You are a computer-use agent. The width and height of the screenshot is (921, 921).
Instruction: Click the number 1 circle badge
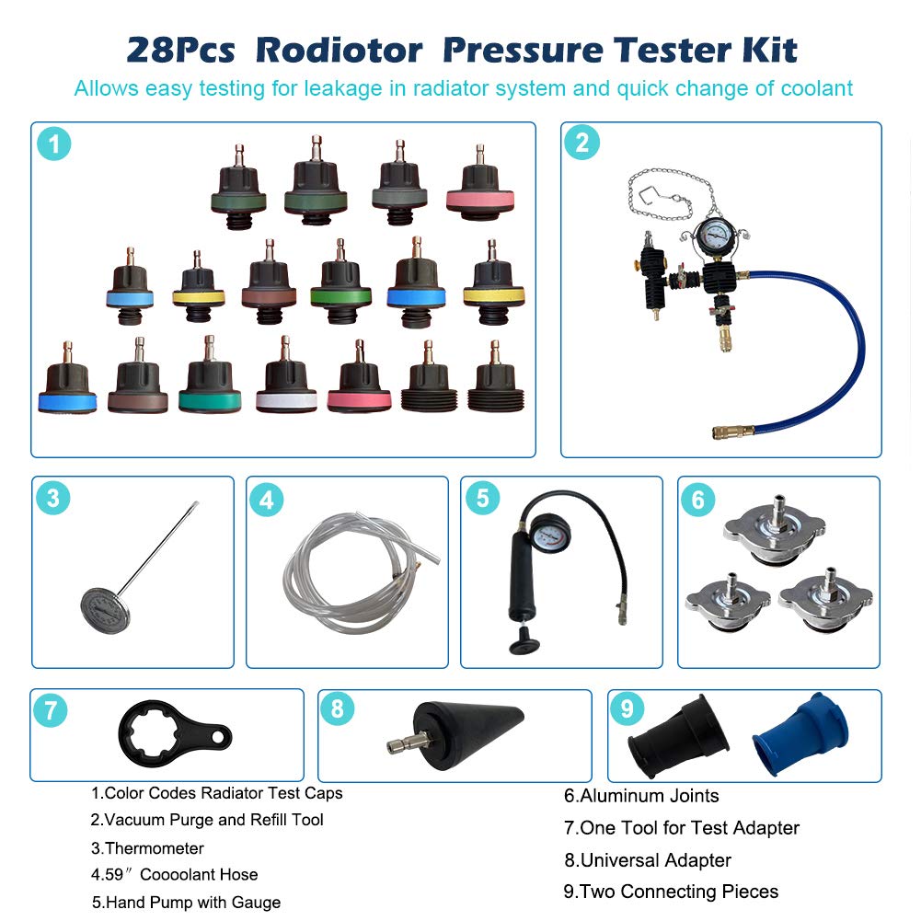pos(54,144)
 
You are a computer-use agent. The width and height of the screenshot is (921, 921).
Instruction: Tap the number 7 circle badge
pos(50,710)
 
